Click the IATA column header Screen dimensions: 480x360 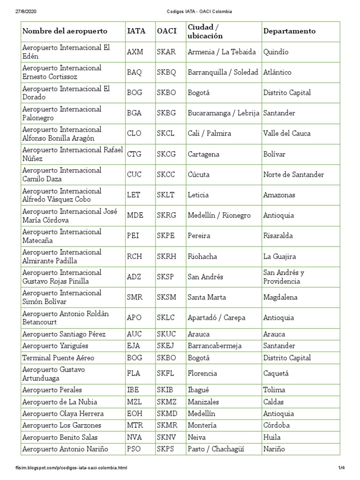pyautogui.click(x=136, y=31)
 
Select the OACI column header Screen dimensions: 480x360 pyautogui.click(x=166, y=31)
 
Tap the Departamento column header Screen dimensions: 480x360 pyautogui.click(x=289, y=31)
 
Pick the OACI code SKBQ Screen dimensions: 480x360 pyautogui.click(x=166, y=72)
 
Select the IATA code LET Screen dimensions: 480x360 pyautogui.click(x=134, y=195)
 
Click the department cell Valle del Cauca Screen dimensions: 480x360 pyautogui.click(x=287, y=134)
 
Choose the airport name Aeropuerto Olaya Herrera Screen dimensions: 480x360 pyautogui.click(x=63, y=414)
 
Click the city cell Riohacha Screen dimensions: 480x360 pyautogui.click(x=202, y=256)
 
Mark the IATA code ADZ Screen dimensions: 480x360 pyautogui.click(x=135, y=277)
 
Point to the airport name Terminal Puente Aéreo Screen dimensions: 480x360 pyautogui.click(x=59, y=358)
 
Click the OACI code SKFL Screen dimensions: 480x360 pyautogui.click(x=166, y=374)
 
